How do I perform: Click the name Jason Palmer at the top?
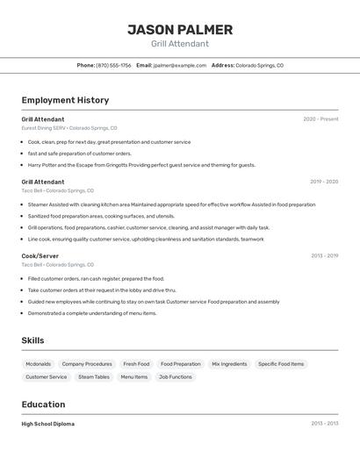pos(180,30)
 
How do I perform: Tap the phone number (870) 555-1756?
pos(114,65)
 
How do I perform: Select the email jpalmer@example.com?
pos(180,65)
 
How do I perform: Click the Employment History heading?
pos(65,100)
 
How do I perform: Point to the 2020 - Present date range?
pos(320,119)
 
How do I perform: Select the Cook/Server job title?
pos(40,255)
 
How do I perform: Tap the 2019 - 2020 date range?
pos(324,182)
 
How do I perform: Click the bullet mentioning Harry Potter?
pos(140,165)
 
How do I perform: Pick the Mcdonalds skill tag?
pos(38,363)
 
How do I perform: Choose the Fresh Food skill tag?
pos(136,363)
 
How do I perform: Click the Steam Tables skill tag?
pos(94,376)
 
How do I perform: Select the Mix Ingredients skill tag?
pos(229,363)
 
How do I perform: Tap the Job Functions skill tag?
pos(175,376)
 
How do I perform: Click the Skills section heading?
pos(32,340)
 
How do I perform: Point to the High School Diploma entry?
pos(47,423)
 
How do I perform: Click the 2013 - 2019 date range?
pos(324,255)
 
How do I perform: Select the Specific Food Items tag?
pos(281,363)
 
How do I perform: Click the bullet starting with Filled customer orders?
pos(96,279)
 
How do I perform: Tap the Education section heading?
pos(43,404)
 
